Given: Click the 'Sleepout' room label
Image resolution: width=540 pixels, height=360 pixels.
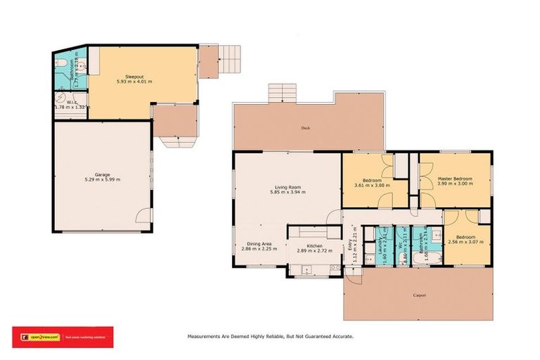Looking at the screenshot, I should click(134, 75).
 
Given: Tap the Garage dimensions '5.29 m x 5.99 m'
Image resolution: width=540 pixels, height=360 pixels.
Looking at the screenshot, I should click(98, 180).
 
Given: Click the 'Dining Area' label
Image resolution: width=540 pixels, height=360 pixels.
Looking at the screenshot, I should click(250, 245).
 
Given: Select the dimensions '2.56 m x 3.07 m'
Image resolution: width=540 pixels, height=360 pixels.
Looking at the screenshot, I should click(462, 242).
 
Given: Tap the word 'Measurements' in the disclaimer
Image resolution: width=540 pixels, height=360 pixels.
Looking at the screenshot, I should click(205, 337).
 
